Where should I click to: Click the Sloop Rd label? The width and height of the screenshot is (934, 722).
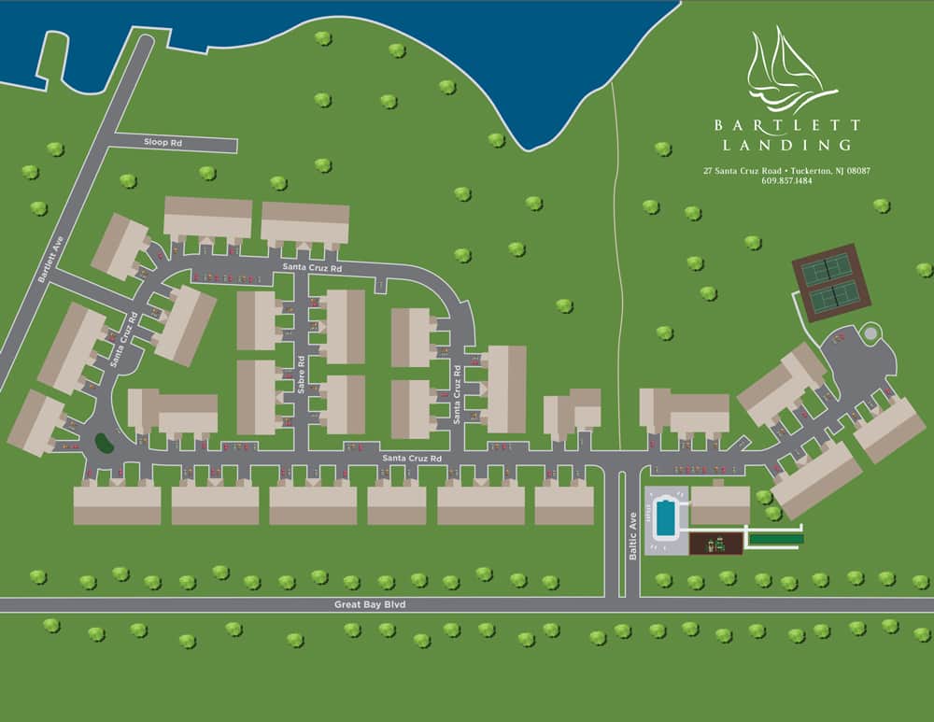(163, 143)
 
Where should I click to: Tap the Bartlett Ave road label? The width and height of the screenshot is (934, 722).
(44, 263)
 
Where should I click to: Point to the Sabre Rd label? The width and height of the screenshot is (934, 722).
(302, 373)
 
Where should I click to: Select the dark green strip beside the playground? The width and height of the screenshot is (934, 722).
(776, 539)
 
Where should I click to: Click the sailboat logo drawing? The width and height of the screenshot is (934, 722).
(788, 70)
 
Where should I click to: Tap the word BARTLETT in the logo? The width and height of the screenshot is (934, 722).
(787, 124)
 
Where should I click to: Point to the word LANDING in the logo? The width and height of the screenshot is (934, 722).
(787, 145)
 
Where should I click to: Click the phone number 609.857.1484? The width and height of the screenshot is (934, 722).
(786, 181)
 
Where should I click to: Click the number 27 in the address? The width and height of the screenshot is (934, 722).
(709, 171)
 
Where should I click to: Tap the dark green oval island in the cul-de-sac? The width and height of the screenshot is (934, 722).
(105, 443)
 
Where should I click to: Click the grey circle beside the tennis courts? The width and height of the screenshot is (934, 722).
(870, 332)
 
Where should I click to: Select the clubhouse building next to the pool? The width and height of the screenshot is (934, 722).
(720, 504)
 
